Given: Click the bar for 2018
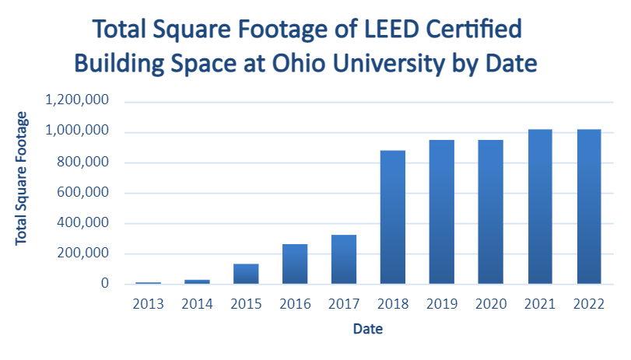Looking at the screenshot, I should pos(393,217).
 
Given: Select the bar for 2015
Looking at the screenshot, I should pos(246,274).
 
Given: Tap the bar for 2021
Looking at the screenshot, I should pos(540,207).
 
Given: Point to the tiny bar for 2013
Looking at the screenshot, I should pos(148,282).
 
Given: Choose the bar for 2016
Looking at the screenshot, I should pos(295,264).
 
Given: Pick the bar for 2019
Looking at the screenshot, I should pos(442,211).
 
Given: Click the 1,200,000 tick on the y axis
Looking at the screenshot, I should pos(76,101).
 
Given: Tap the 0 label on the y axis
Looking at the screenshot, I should pos(103,284).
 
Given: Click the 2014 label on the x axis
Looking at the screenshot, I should pos(197,303).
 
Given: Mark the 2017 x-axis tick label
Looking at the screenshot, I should pos(344,303).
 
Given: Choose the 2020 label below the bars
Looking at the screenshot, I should pos(491,303).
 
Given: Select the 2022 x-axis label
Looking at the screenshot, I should pos(589,303).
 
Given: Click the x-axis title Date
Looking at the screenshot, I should pos(367,329).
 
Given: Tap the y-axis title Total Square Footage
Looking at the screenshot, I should pos(22,178).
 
